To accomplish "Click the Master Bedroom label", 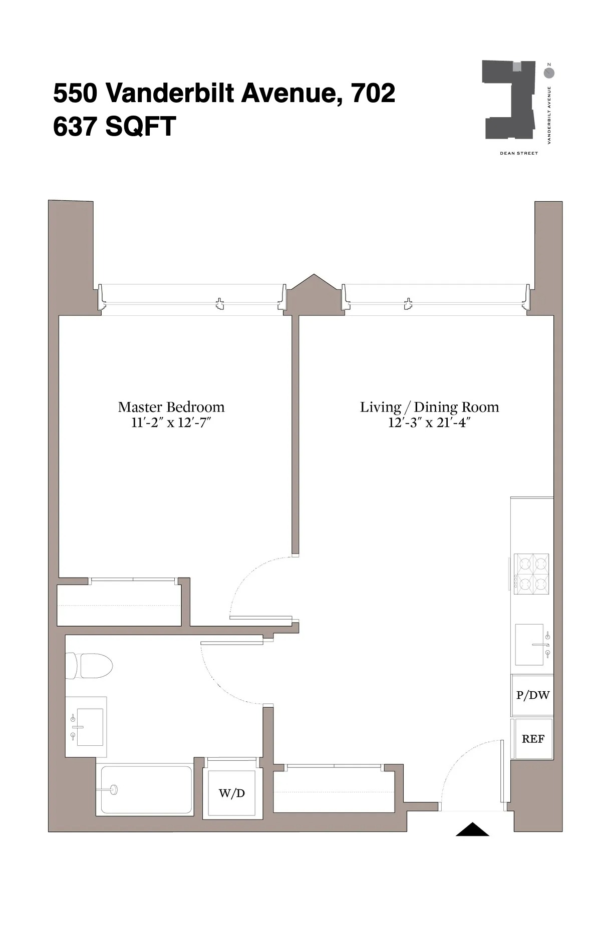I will click(x=171, y=407).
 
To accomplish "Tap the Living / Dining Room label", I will click(x=429, y=407).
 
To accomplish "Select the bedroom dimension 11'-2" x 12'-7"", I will click(x=171, y=423).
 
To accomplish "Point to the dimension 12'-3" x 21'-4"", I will click(x=429, y=423).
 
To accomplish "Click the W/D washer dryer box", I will click(x=232, y=793).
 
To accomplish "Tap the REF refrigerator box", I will click(x=533, y=739).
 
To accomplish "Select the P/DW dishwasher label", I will click(x=533, y=695).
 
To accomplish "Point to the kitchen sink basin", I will click(x=529, y=644).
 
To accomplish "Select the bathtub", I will click(x=146, y=789).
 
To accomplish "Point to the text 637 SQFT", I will click(x=114, y=126).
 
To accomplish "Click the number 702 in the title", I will click(x=373, y=93).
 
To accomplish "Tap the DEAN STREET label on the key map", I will click(x=518, y=153).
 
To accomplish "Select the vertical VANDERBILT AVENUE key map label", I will click(x=549, y=116).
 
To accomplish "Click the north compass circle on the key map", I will click(x=549, y=73).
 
